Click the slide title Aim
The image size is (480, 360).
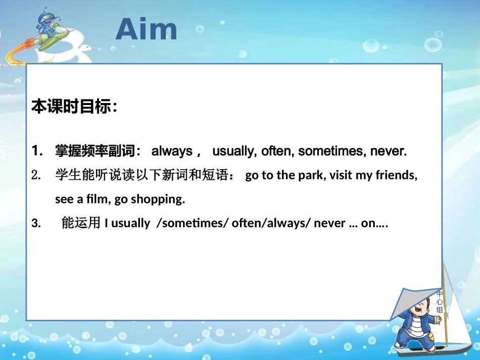pos(147,29)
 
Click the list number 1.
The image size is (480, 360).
pos(37,150)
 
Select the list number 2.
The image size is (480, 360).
pos(36,175)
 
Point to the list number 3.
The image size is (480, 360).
pos(36,223)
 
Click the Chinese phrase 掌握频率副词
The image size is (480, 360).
pos(95,150)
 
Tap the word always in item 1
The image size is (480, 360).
pos(172,151)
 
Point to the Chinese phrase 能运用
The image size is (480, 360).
pos(81,222)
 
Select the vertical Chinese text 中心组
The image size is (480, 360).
pos(440,302)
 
